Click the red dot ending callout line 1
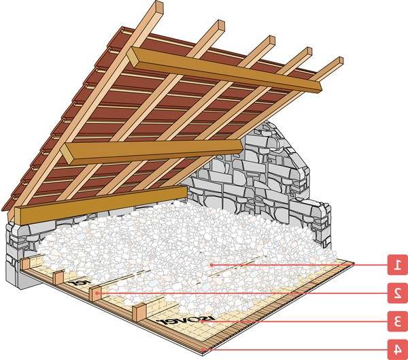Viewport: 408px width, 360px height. coord(211,264)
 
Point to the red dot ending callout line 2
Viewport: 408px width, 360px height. coord(98,293)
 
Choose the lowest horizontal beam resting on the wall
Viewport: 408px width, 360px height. coord(102,203)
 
